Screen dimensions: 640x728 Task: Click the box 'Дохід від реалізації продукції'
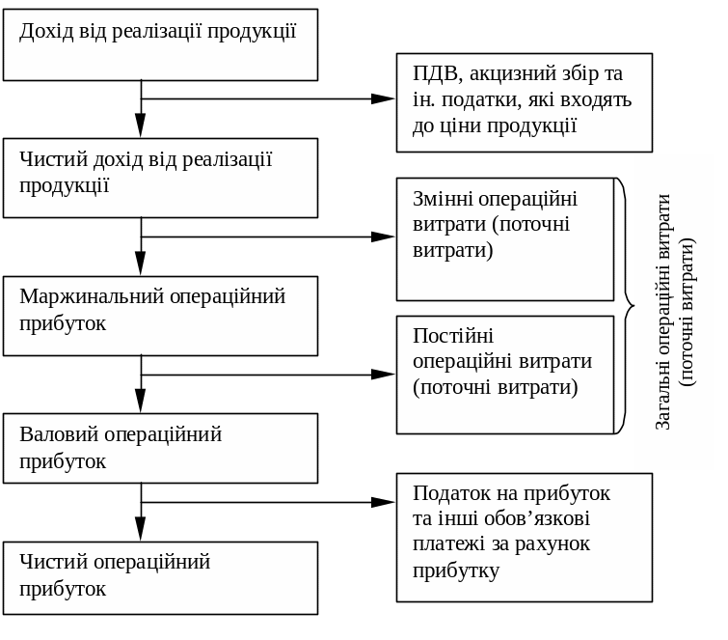pyautogui.click(x=160, y=44)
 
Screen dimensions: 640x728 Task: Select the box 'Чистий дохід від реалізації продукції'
pyautogui.click(x=160, y=178)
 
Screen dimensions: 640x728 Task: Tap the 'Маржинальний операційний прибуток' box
pyautogui.click(x=160, y=316)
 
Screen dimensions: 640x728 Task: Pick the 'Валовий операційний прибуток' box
pyautogui.click(x=160, y=448)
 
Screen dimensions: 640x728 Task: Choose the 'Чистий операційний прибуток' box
pyautogui.click(x=160, y=577)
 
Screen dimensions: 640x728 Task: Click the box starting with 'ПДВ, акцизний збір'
pyautogui.click(x=524, y=102)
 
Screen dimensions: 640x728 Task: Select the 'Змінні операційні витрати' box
pyautogui.click(x=504, y=239)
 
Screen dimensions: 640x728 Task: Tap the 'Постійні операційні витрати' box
pyautogui.click(x=504, y=375)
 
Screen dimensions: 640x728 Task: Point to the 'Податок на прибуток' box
pyautogui.click(x=524, y=537)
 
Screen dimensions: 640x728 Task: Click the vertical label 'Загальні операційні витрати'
pyautogui.click(x=674, y=311)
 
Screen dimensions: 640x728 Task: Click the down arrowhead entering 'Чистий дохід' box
pyautogui.click(x=141, y=125)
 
